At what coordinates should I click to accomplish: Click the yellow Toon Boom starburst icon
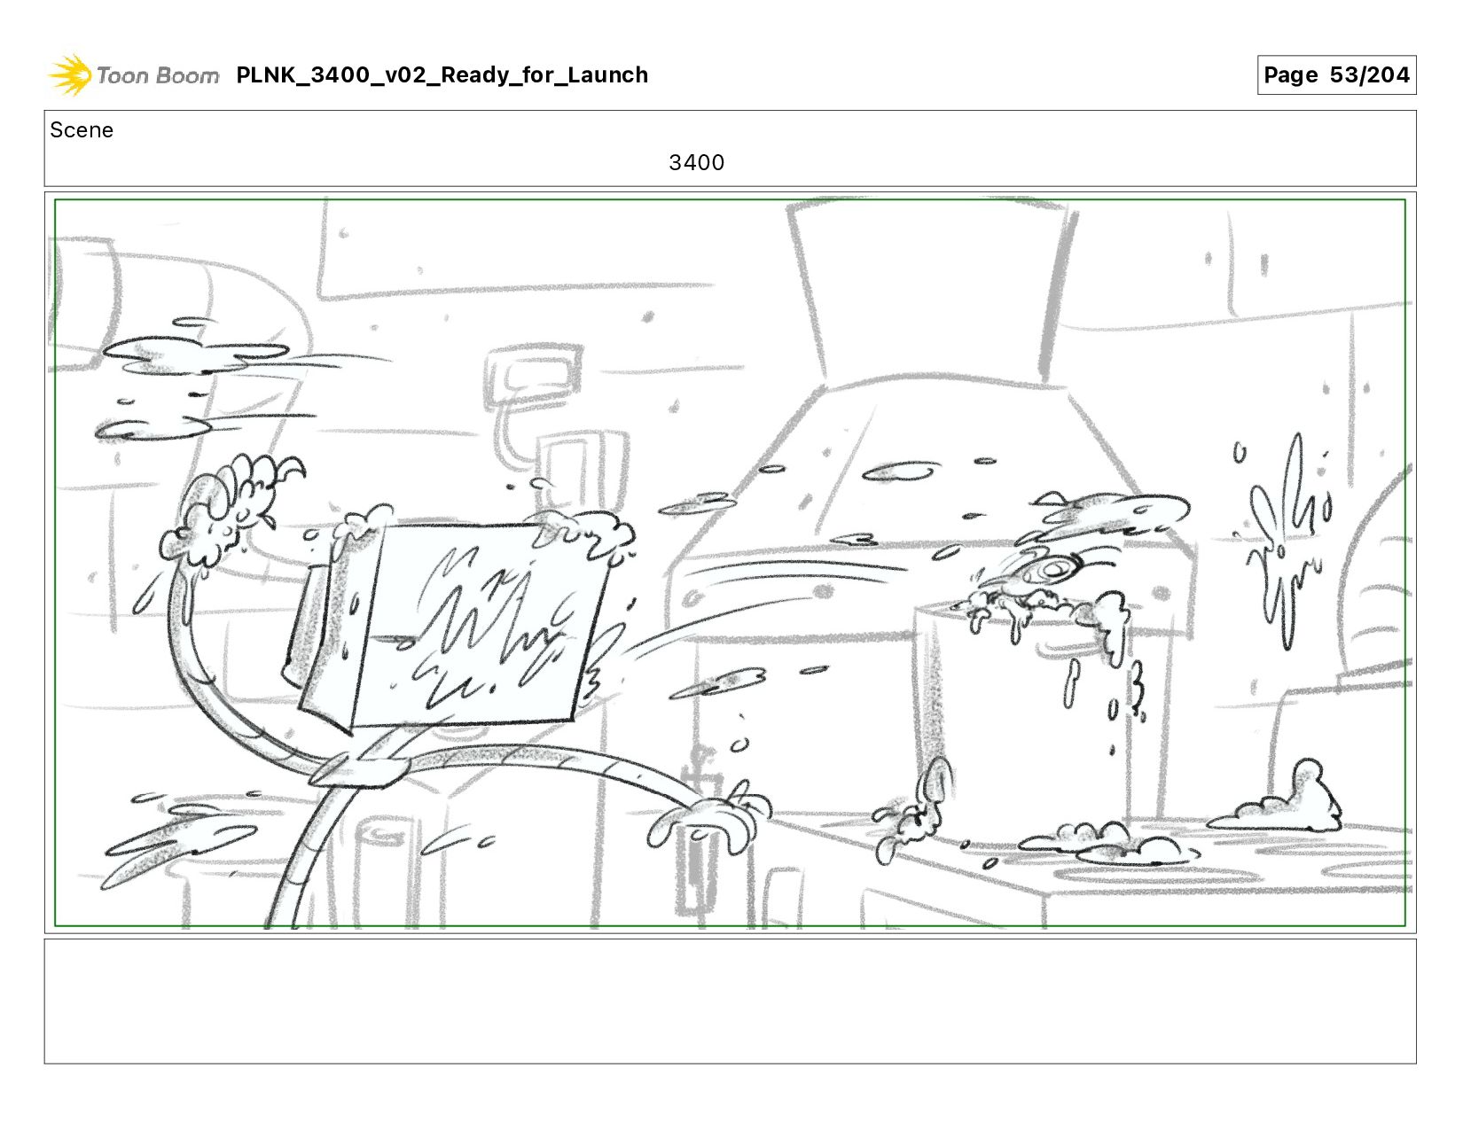(x=70, y=74)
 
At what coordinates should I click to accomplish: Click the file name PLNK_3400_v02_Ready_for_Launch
(x=442, y=74)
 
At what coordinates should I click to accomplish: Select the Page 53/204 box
(x=1336, y=74)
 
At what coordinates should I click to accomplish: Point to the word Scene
(x=82, y=130)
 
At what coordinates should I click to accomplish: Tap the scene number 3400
(x=696, y=162)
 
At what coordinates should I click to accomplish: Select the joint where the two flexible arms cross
(x=360, y=768)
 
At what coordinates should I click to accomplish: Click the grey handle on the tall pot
(x=1070, y=650)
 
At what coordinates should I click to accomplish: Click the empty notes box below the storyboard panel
(x=731, y=1001)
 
